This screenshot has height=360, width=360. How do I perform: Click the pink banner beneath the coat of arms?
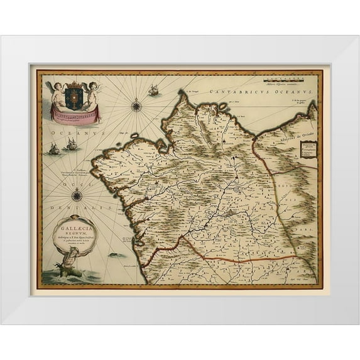click(76, 114)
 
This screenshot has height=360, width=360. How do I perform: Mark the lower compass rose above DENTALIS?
click(77, 195)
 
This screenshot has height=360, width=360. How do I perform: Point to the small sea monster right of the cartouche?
click(114, 255)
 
